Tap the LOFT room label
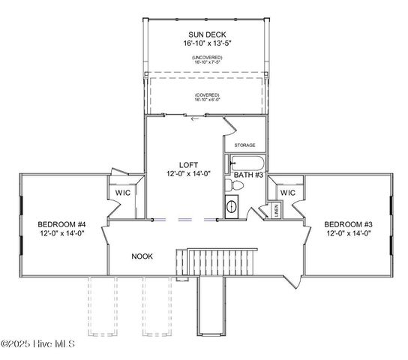(188, 164)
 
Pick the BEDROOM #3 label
(348, 224)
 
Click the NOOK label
(142, 256)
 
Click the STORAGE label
(244, 145)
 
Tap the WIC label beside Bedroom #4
(123, 193)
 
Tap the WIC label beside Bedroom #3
(288, 193)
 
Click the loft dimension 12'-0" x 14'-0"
(188, 173)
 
